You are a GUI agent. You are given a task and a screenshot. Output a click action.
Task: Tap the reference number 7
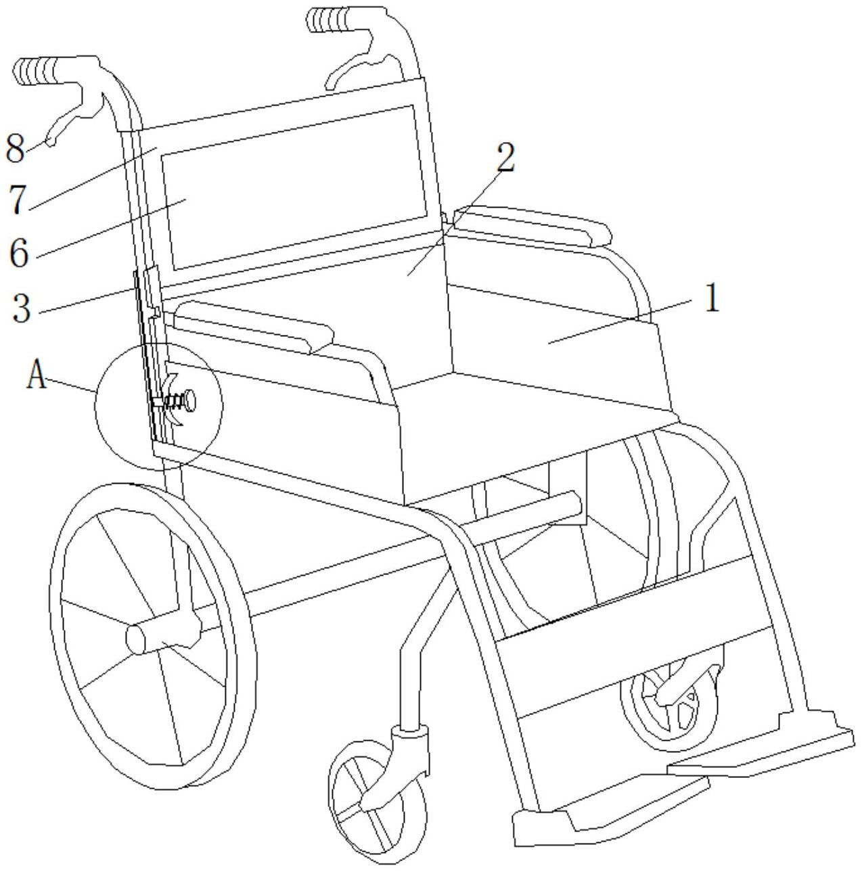(18, 199)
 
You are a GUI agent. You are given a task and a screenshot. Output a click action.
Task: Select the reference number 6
(20, 252)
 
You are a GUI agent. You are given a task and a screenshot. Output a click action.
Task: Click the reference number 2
(504, 158)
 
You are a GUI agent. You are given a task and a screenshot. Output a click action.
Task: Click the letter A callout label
(37, 375)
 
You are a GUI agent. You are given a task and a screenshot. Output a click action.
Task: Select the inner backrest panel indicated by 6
(291, 189)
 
